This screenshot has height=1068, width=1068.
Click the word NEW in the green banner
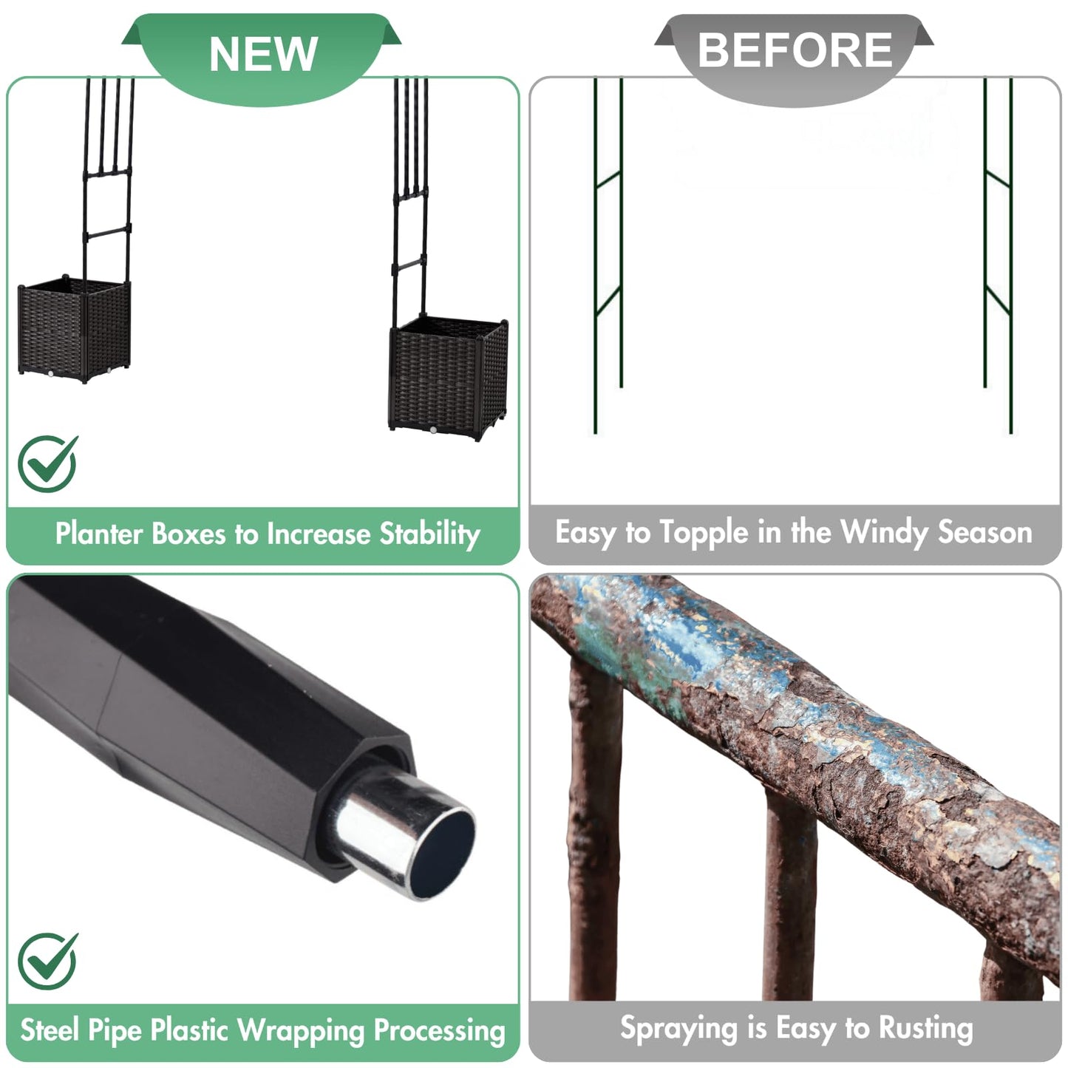point(263,54)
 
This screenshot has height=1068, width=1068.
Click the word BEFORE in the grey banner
point(795,50)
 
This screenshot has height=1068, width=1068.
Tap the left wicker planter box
point(74,329)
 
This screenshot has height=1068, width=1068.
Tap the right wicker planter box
point(449,377)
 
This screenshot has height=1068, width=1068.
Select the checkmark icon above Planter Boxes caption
point(48,463)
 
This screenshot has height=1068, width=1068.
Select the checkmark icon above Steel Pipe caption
point(48,961)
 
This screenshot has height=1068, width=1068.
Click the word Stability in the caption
point(429,534)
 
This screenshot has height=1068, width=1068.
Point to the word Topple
point(705,533)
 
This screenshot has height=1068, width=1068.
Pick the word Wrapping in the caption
point(302,1032)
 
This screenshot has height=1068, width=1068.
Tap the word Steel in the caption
point(50,1030)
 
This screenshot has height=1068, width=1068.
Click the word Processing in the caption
point(440,1032)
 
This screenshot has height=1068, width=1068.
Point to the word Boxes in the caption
point(188,534)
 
